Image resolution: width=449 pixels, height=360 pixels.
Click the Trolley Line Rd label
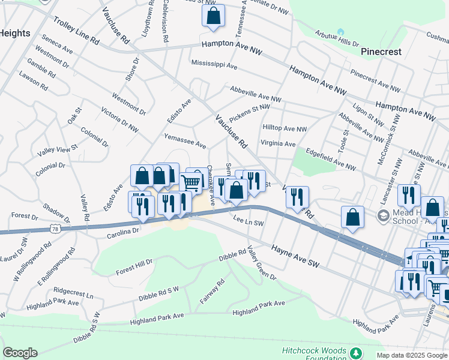[76, 32]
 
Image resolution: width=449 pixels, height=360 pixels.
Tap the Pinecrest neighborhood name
[381, 52]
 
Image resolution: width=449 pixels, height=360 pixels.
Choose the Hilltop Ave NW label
[285, 128]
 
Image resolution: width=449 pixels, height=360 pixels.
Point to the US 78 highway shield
[55, 229]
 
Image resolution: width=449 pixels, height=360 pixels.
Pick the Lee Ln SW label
[249, 222]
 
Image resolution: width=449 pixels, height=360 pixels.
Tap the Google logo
[20, 353]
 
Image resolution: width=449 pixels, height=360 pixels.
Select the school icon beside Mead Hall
[382, 215]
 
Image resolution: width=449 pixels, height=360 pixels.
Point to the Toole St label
[345, 143]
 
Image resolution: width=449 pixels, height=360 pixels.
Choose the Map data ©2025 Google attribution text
[411, 355]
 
